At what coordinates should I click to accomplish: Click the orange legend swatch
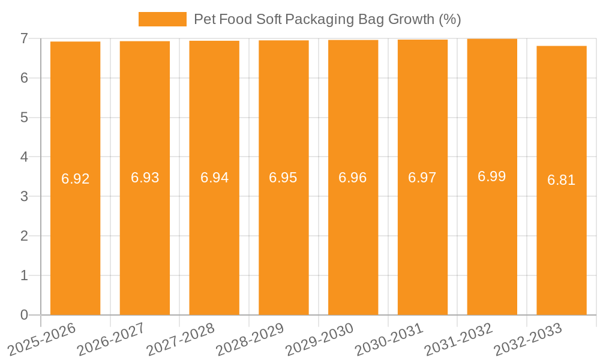[162, 19]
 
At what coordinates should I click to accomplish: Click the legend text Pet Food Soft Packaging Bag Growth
[327, 19]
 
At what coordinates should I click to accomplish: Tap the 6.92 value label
[76, 179]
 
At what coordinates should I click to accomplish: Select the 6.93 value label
[145, 178]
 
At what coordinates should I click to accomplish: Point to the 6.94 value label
[214, 178]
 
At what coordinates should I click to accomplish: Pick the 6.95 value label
[284, 178]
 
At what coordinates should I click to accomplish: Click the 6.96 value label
[353, 178]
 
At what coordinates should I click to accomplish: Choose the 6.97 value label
[422, 178]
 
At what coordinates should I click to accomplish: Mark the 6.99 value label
[492, 176]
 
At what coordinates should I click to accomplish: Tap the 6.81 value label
[562, 180]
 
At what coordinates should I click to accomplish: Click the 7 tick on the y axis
[24, 38]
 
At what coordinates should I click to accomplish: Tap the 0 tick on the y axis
[24, 315]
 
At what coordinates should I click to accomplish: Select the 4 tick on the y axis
[24, 157]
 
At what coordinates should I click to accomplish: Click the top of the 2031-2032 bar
[492, 39]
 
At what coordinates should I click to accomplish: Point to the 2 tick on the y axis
[24, 236]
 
